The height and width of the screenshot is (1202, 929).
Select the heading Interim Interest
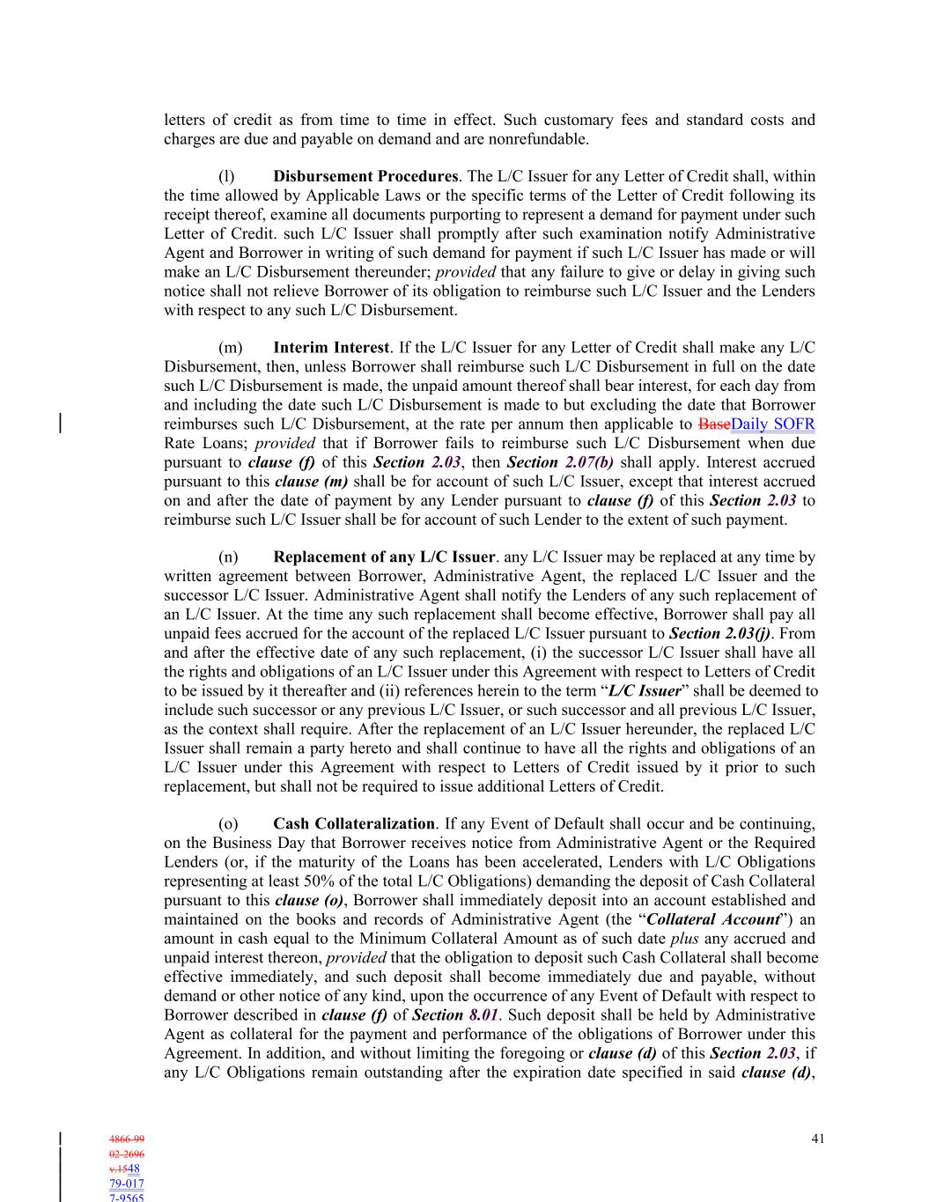coord(331,348)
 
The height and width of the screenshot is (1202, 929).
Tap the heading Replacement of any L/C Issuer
coord(384,557)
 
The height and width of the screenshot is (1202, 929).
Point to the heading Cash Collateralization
coord(354,823)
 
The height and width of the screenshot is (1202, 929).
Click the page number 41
coord(817,1139)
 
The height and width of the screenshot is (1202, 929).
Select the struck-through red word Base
coord(714,424)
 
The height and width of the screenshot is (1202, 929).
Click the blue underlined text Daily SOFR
coord(773,424)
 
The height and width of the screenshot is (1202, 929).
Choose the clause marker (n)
coord(228,557)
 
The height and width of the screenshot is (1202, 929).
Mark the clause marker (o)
coord(228,823)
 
